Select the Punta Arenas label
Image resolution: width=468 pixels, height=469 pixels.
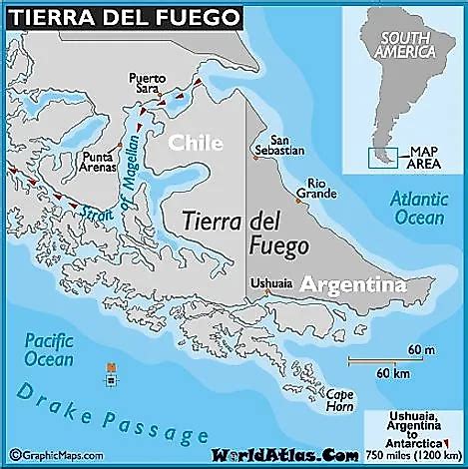pos(101,163)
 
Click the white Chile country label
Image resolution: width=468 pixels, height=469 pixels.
pos(195,144)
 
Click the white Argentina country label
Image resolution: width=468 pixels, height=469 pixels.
pos(353,285)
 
